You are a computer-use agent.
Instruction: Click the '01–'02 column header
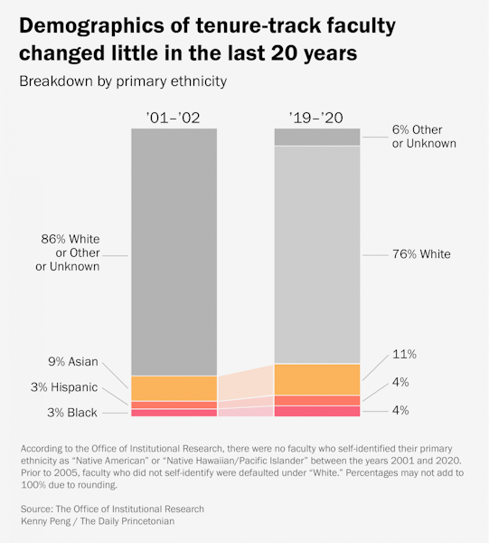point(174,117)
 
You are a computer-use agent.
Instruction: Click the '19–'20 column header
point(317,117)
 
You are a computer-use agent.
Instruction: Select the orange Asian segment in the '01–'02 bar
point(174,388)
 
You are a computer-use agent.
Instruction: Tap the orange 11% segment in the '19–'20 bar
point(317,379)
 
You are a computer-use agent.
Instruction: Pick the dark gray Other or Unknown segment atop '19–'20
point(317,137)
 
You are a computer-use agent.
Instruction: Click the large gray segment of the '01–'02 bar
point(174,252)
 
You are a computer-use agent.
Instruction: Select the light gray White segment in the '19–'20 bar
point(317,254)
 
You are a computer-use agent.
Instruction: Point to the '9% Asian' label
point(73,362)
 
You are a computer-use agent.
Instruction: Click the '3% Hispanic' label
point(62,387)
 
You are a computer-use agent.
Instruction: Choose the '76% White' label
point(420,254)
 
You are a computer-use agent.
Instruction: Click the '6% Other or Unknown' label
point(423,137)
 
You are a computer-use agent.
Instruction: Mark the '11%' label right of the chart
point(404,354)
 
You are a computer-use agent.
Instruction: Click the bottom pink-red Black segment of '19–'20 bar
point(317,411)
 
